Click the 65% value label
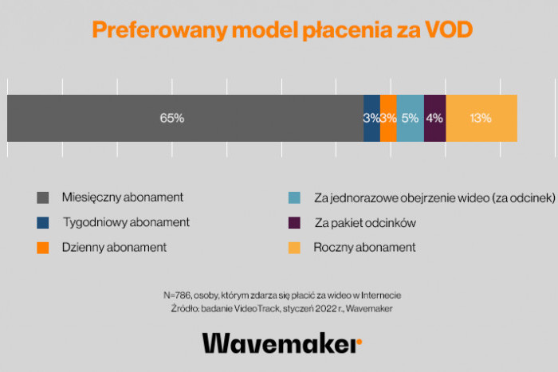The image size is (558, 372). (171, 118)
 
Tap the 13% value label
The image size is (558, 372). (480, 118)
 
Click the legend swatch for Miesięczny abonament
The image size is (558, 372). (43, 197)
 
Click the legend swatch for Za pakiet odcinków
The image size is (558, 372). (294, 222)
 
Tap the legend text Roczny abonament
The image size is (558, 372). (364, 247)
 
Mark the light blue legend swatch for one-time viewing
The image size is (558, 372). (294, 197)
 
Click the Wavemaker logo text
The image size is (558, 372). (278, 343)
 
